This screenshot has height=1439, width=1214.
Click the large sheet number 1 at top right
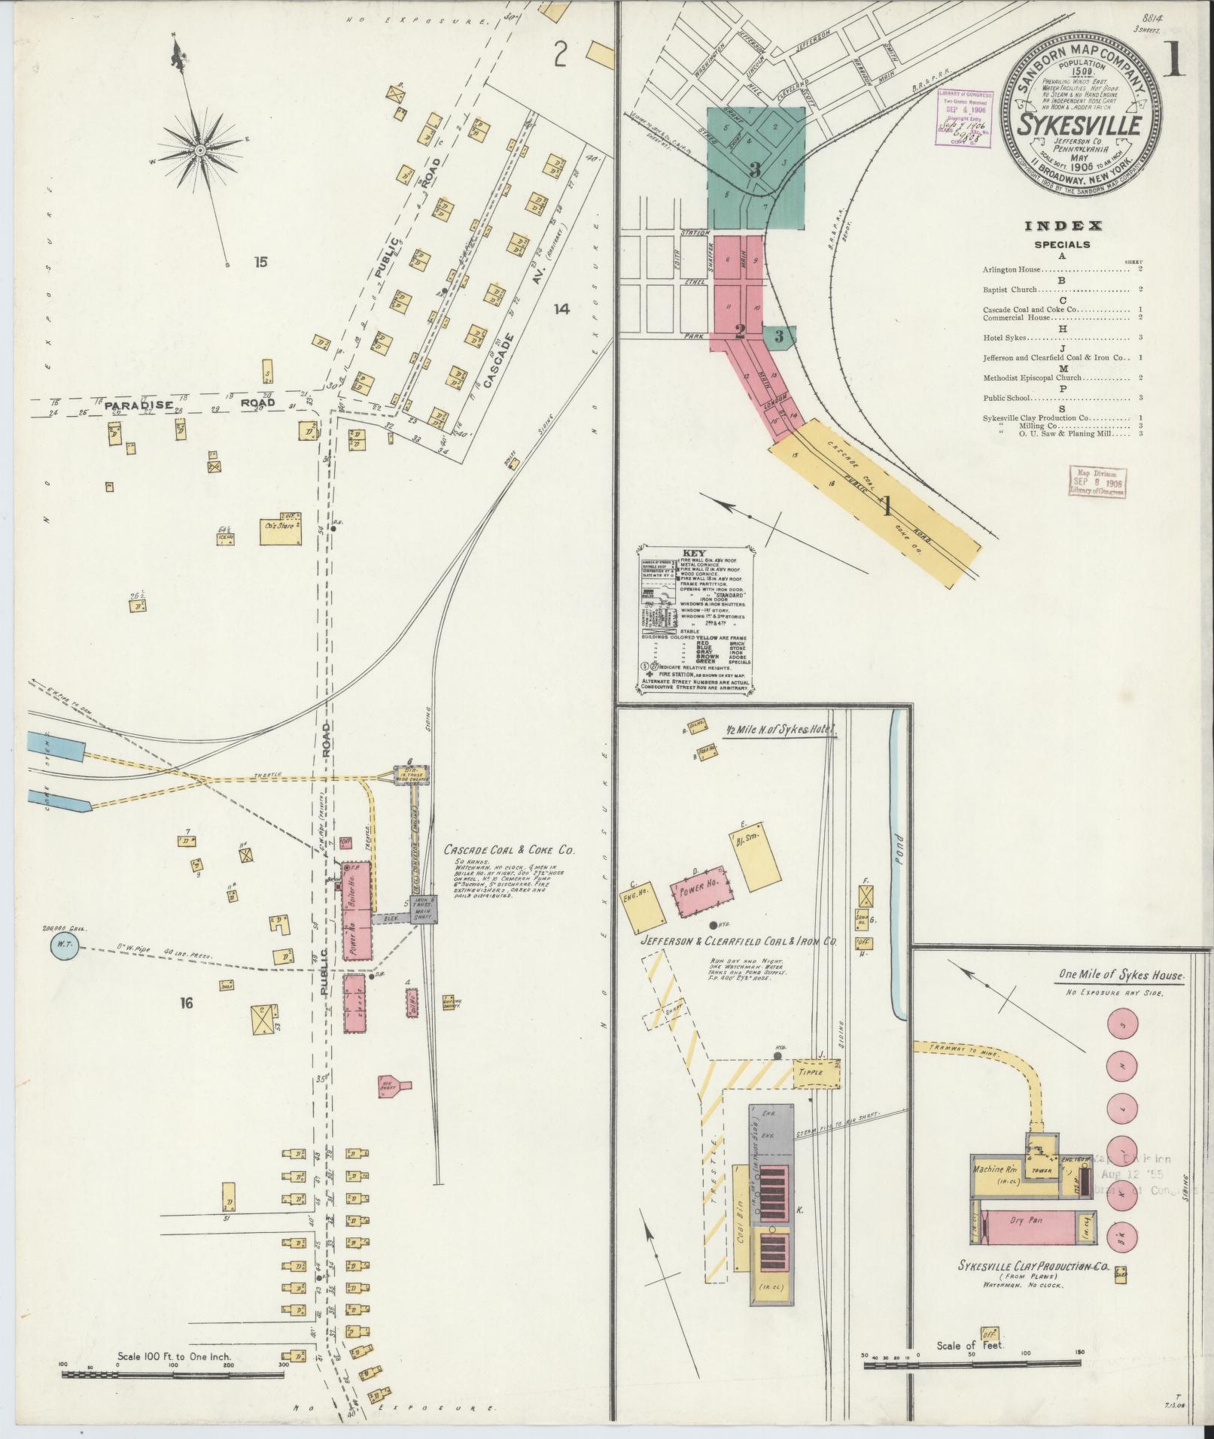(x=1174, y=60)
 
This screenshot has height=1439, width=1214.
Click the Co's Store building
(x=280, y=527)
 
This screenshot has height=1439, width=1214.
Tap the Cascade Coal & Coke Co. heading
(x=509, y=850)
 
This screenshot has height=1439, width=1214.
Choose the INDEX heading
(x=1063, y=226)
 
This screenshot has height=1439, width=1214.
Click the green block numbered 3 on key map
(x=755, y=168)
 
